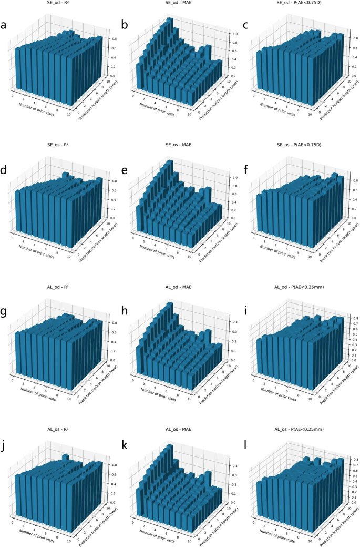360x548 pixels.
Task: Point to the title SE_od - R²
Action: [57, 3]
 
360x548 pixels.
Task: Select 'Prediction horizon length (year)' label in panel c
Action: [336, 96]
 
